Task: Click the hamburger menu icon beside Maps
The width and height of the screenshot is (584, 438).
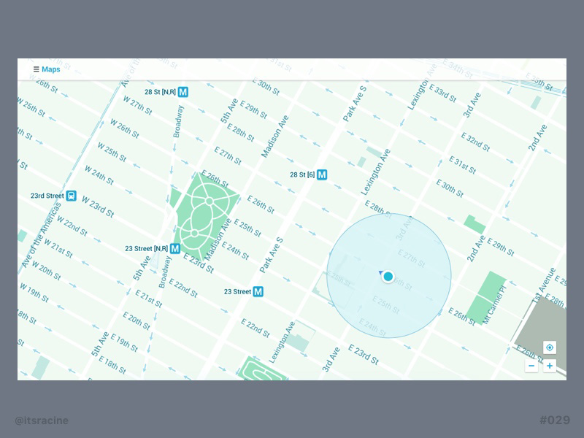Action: click(x=36, y=69)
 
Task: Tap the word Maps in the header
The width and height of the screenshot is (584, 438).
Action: click(x=51, y=69)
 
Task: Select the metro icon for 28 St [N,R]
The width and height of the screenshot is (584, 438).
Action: click(x=183, y=92)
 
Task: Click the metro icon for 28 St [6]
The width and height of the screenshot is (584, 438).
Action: click(x=321, y=174)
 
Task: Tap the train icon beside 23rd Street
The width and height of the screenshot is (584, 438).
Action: click(x=72, y=196)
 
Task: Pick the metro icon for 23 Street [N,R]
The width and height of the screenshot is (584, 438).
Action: click(x=175, y=248)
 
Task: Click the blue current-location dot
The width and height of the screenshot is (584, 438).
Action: click(x=388, y=276)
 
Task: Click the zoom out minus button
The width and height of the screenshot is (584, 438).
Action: click(x=531, y=366)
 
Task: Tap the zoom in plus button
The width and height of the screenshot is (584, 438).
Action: click(x=550, y=366)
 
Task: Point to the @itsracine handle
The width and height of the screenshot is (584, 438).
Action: click(x=42, y=420)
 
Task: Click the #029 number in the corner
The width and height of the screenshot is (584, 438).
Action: click(x=554, y=420)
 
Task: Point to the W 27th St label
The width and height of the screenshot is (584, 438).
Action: click(x=137, y=106)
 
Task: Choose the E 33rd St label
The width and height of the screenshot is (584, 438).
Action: click(x=442, y=94)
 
